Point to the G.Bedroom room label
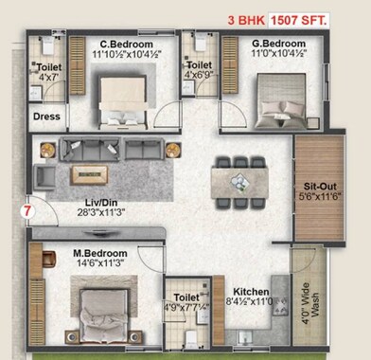pos(252,45)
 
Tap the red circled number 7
pos(28,210)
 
